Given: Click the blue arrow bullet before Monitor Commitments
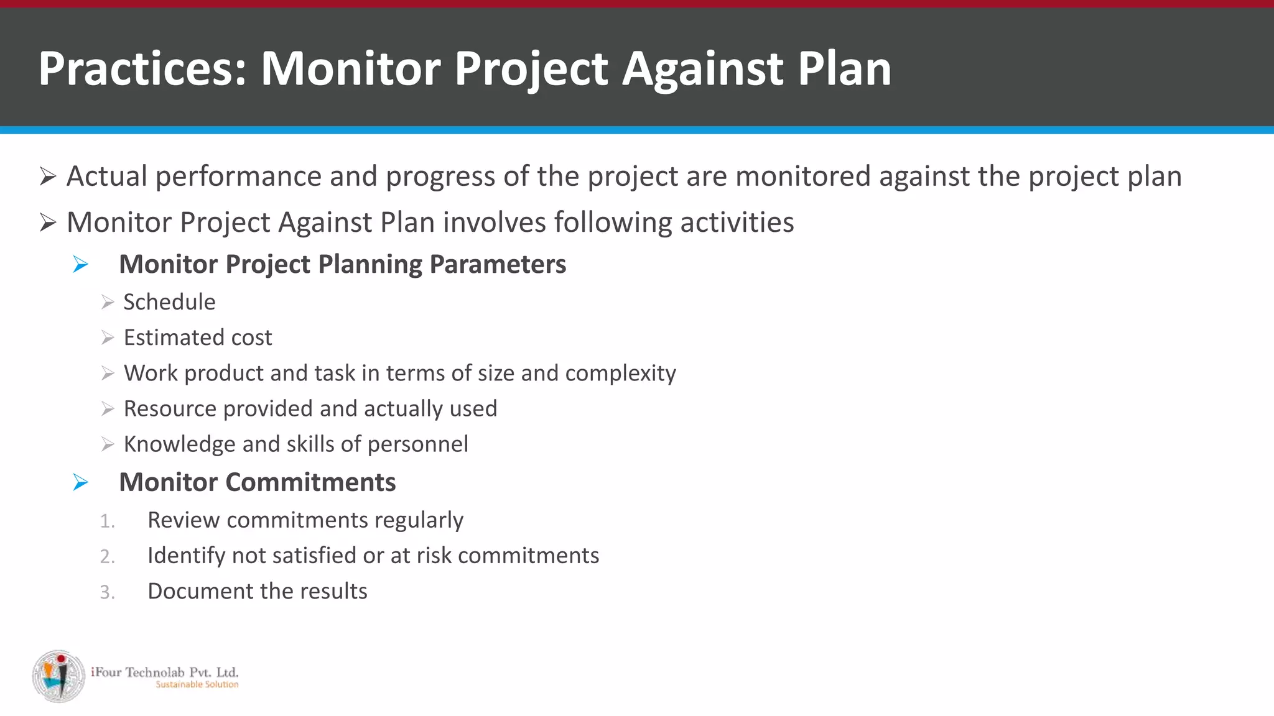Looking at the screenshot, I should coord(80,482).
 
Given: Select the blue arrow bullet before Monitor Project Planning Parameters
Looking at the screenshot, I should coord(80,265).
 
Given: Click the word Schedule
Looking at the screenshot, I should coord(169,302).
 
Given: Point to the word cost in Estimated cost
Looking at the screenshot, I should coord(251,337).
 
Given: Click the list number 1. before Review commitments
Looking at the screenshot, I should coord(107,521).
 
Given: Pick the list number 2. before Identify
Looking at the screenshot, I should coord(107,556).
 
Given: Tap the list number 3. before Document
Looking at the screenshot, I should coord(107,592).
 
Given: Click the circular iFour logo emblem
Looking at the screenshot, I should coord(59,676).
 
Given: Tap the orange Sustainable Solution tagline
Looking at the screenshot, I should coord(197,684).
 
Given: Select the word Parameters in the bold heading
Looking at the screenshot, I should coord(498,265).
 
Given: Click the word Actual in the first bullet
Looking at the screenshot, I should coord(107,177).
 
